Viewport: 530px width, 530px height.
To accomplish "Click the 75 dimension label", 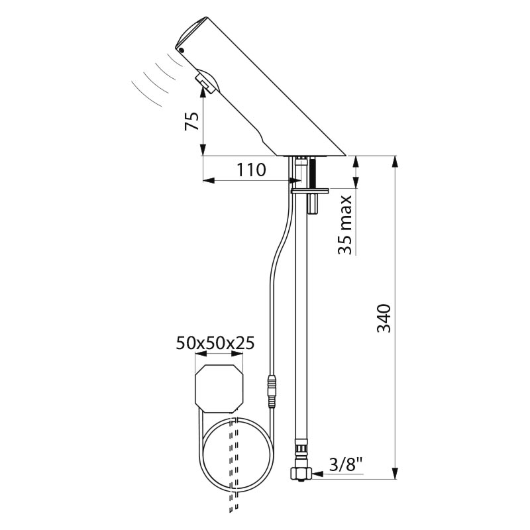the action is click(x=191, y=121).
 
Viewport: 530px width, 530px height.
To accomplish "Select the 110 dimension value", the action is click(x=251, y=170).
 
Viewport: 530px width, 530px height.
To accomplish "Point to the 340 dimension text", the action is click(x=384, y=319).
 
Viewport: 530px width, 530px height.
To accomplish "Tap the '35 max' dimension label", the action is click(x=345, y=225).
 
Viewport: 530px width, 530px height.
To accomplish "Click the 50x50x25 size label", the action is click(x=215, y=343).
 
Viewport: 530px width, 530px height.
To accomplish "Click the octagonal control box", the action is click(x=219, y=389).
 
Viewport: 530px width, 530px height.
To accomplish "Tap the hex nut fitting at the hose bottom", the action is click(x=301, y=473).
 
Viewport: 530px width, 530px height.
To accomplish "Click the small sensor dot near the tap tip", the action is click(x=182, y=50).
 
